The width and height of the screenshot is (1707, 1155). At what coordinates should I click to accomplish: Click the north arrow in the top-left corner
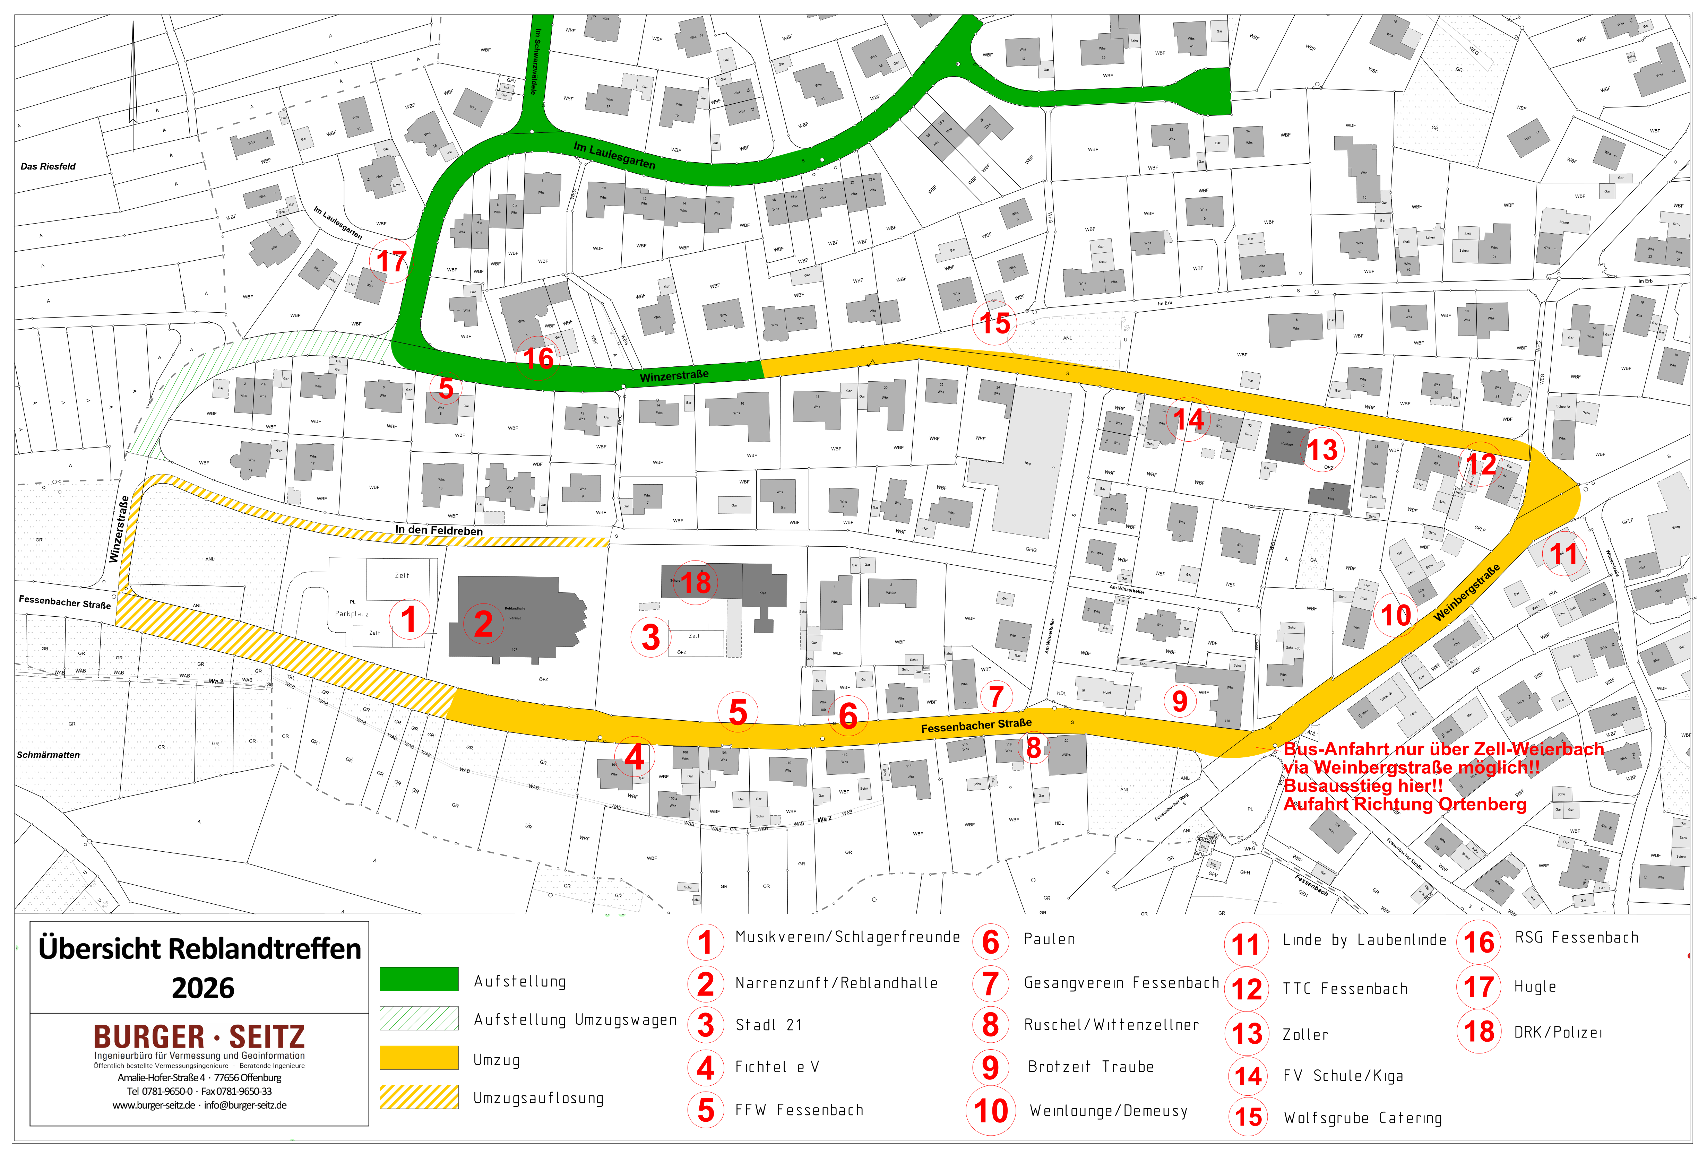[x=133, y=81]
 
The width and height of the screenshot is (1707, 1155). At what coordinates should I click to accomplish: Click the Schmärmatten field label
[x=49, y=755]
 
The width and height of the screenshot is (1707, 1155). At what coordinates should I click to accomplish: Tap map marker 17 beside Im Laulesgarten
[x=391, y=261]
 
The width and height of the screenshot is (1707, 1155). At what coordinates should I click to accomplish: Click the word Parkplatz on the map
[x=352, y=614]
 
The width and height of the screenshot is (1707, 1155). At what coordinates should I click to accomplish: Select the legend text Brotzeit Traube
[x=1091, y=1067]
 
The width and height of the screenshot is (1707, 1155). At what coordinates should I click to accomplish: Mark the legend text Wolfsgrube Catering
[x=1363, y=1118]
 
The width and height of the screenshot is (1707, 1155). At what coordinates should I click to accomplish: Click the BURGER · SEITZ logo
[x=199, y=1037]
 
